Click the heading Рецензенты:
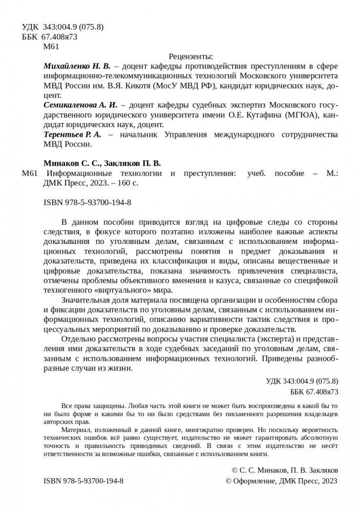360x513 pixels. point(190,57)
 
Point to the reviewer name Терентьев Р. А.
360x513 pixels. point(72,134)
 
